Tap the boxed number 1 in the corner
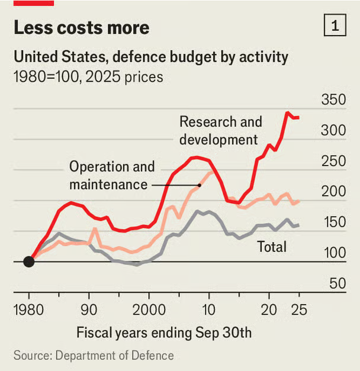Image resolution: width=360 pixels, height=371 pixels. point(335,26)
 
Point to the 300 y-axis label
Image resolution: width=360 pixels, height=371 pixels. point(333,130)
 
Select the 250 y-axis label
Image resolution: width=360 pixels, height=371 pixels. point(333,161)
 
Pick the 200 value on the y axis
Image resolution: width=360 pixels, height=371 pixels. point(333,192)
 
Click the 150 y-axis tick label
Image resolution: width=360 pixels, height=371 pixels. point(333,222)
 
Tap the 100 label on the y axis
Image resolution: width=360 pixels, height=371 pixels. point(333,253)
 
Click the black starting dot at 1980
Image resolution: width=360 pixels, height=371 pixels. point(28,262)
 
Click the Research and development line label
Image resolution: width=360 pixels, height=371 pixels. point(220,131)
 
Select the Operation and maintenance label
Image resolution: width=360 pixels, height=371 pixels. point(111,175)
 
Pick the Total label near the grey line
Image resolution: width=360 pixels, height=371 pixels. point(271,246)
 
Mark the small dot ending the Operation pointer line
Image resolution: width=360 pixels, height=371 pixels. point(200,185)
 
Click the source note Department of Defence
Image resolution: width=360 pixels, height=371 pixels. point(94,355)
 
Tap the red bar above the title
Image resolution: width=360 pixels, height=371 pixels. point(33,3)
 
